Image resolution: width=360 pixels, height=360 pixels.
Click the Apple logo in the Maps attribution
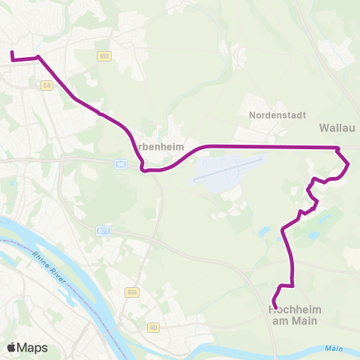12,347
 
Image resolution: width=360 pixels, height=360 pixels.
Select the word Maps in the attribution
33,347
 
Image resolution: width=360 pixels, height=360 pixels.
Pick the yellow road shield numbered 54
47,86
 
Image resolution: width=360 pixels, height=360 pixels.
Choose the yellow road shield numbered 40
153,328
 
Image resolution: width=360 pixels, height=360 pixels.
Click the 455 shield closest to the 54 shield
104,56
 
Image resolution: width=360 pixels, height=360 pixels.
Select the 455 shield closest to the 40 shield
133,292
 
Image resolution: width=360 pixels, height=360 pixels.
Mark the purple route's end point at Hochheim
274,307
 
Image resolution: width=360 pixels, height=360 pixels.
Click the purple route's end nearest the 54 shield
11,53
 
